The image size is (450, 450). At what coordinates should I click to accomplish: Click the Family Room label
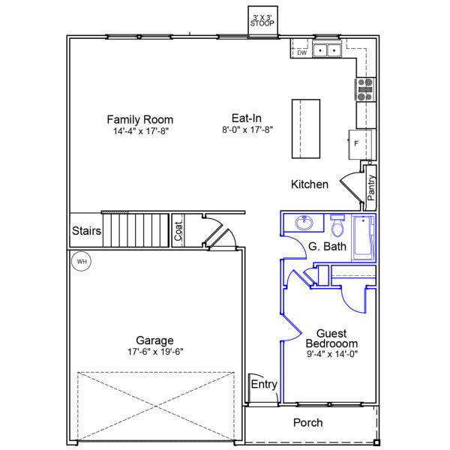(139, 119)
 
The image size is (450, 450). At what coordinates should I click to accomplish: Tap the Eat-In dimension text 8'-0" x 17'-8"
(247, 130)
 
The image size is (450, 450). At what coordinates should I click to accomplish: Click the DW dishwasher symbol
(301, 52)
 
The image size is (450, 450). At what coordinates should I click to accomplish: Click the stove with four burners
(365, 89)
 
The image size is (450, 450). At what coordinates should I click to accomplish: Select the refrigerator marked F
(357, 142)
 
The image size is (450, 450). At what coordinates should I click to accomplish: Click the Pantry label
(371, 187)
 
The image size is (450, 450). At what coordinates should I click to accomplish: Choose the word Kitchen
(310, 184)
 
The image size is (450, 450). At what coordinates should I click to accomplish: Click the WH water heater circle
(81, 262)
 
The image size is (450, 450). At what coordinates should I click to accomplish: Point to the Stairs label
(86, 231)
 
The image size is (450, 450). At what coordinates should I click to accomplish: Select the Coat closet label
(178, 230)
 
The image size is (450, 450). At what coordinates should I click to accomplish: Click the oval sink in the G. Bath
(305, 223)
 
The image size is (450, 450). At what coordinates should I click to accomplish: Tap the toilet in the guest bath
(337, 225)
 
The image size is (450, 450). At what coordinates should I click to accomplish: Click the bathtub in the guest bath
(363, 238)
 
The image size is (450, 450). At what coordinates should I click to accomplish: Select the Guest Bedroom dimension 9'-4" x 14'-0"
(331, 354)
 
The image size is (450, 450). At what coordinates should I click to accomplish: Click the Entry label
(264, 385)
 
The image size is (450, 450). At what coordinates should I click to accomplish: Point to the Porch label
(307, 423)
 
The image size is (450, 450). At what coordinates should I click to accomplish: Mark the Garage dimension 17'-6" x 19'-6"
(154, 351)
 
